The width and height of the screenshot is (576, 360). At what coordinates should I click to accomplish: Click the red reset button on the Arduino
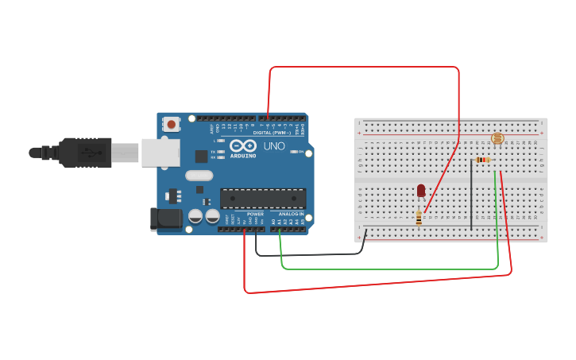(171, 123)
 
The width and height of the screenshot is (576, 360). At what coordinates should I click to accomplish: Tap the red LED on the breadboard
(421, 191)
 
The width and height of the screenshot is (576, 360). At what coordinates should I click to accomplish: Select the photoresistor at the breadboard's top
(497, 138)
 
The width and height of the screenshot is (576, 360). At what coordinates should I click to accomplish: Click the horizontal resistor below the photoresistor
(482, 160)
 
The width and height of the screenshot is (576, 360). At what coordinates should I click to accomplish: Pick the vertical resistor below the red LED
(419, 217)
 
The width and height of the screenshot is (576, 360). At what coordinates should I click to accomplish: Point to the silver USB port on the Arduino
(160, 153)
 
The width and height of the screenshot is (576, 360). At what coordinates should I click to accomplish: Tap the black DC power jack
(165, 219)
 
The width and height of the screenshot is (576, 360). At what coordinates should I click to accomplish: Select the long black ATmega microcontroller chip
(263, 199)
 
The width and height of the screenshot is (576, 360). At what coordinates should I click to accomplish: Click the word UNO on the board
(274, 146)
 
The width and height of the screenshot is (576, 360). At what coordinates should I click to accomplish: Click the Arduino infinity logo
(242, 146)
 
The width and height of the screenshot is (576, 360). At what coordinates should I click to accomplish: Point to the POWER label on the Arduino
(255, 214)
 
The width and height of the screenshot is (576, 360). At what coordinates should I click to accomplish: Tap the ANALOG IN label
(291, 214)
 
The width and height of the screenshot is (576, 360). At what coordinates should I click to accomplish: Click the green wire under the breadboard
(389, 269)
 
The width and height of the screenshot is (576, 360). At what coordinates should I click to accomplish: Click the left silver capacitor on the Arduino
(195, 215)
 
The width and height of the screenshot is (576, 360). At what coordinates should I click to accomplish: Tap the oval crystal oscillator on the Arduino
(199, 175)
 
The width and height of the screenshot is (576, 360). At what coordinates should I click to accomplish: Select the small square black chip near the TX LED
(202, 156)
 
